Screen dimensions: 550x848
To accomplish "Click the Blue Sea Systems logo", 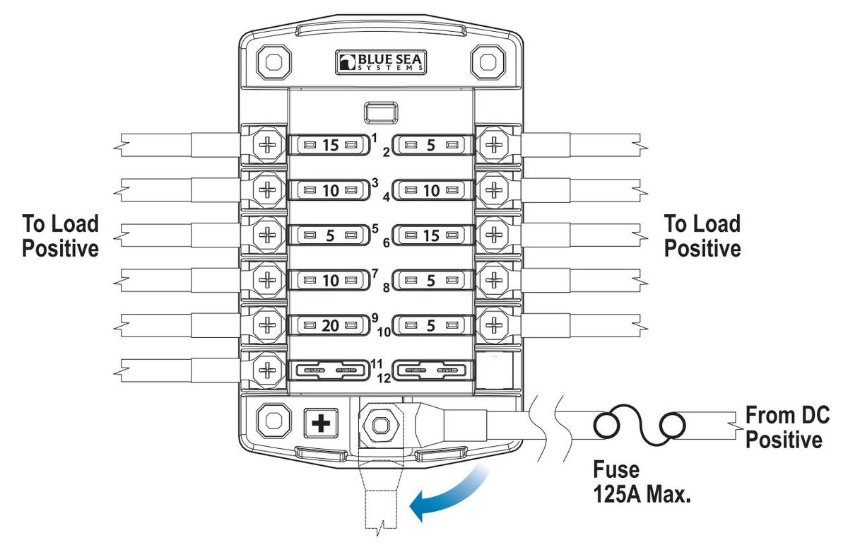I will (x=381, y=63).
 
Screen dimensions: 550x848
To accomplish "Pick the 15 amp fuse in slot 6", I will (x=430, y=235).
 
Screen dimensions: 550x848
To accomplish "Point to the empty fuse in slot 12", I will (x=430, y=370).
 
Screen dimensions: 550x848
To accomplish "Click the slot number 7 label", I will (x=375, y=272).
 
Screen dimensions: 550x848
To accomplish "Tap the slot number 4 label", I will (x=387, y=198).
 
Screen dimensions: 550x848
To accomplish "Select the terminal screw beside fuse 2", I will (x=495, y=146).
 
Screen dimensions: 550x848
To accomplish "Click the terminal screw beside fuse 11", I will (x=268, y=370).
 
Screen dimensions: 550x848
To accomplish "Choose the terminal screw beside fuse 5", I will (x=268, y=235).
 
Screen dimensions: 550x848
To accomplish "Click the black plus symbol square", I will (x=322, y=423).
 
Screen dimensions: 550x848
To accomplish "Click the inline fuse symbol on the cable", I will (x=640, y=426).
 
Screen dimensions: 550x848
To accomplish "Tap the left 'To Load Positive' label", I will (x=60, y=236).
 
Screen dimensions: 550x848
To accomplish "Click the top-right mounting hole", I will (x=487, y=62).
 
